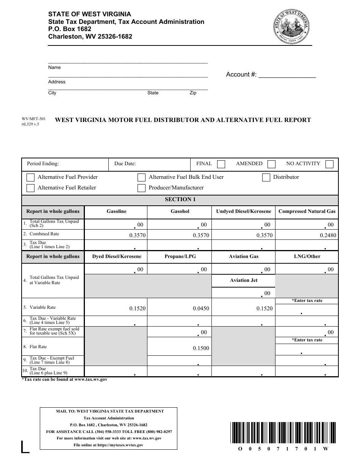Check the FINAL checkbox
tap(221, 164)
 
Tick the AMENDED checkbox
tap(271, 164)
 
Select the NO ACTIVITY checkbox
tap(329, 164)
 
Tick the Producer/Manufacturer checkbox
tap(141, 188)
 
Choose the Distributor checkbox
tap(266, 177)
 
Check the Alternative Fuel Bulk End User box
tap(141, 177)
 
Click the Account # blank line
tap(287, 75)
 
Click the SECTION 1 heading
tap(180, 199)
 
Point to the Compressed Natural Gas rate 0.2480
tap(328, 235)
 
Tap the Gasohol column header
tap(180, 211)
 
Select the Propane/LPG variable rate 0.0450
tap(201, 308)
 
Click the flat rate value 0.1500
tap(201, 348)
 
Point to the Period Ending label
tap(43, 164)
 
